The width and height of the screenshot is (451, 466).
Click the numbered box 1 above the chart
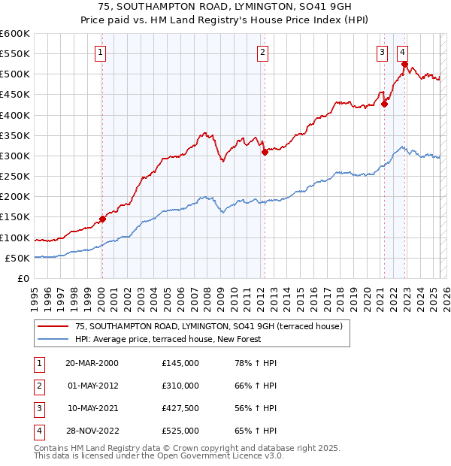(100, 52)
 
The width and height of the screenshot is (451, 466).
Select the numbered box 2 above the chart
(262, 52)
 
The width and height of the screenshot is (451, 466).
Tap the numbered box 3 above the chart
(382, 52)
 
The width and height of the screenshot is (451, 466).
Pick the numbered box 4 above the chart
(403, 52)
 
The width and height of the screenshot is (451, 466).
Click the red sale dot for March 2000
(102, 219)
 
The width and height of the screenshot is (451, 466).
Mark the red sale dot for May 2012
(265, 152)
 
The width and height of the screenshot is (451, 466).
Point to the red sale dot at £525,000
(404, 65)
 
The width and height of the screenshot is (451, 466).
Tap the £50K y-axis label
(17, 258)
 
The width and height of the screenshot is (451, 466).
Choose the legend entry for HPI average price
(168, 339)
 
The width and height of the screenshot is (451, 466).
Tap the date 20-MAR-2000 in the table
(92, 362)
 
